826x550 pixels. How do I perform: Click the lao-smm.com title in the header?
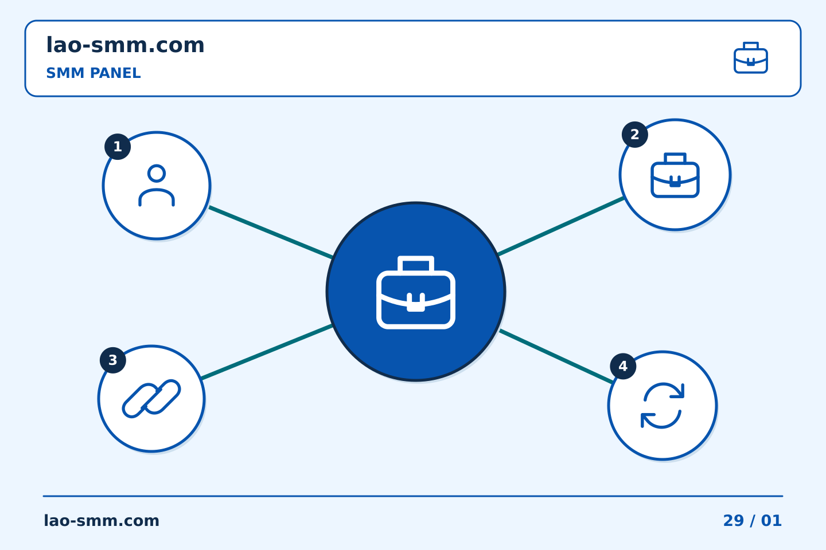pyautogui.click(x=125, y=45)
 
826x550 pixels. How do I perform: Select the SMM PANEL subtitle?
pyautogui.click(x=93, y=73)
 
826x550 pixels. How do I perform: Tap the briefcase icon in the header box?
pyautogui.click(x=751, y=58)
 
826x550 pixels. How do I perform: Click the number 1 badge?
pyautogui.click(x=118, y=147)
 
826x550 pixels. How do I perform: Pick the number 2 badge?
pyautogui.click(x=634, y=135)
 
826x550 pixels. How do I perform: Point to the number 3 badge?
pyautogui.click(x=113, y=360)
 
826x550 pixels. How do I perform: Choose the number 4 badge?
pyautogui.click(x=623, y=366)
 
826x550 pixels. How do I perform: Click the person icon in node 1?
pyautogui.click(x=157, y=185)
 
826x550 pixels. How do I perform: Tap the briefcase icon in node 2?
pyautogui.click(x=675, y=175)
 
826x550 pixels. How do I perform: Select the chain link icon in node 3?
pyautogui.click(x=151, y=399)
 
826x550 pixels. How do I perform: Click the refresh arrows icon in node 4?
pyautogui.click(x=663, y=406)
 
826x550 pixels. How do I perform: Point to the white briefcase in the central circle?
pyautogui.click(x=416, y=292)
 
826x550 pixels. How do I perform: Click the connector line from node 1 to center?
pyautogui.click(x=271, y=233)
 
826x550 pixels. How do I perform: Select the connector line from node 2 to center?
pyautogui.click(x=561, y=226)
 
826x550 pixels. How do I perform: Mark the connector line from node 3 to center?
pyautogui.click(x=267, y=352)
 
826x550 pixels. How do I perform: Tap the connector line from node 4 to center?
pyautogui.click(x=556, y=356)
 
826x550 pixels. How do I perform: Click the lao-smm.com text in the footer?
pyautogui.click(x=102, y=521)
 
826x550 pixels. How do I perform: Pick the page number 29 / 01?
pyautogui.click(x=752, y=521)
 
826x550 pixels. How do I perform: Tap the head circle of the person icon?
pyautogui.click(x=157, y=173)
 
